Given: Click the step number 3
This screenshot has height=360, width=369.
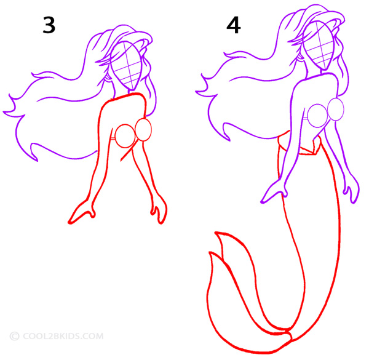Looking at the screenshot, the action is tap(49, 25).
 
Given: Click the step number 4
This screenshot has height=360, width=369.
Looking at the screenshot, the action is tap(233, 25).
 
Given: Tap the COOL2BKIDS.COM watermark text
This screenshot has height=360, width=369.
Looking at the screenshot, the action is tap(63, 336).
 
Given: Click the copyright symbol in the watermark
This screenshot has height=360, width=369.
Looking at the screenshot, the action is tap(14, 336).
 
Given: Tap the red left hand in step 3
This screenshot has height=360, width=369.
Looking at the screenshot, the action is tap(82, 212).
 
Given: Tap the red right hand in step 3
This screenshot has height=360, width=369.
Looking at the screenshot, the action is tap(159, 210).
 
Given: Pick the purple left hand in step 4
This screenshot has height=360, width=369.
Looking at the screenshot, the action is tap(274, 192).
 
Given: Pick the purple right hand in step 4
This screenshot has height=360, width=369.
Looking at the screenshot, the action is tap(351, 190).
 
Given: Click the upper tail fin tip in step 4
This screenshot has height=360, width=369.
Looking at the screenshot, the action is tap(216, 233).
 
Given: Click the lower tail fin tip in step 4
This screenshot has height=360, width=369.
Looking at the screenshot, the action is tap(210, 253).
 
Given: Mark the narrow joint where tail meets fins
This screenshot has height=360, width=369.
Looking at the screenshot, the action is tap(289, 332).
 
